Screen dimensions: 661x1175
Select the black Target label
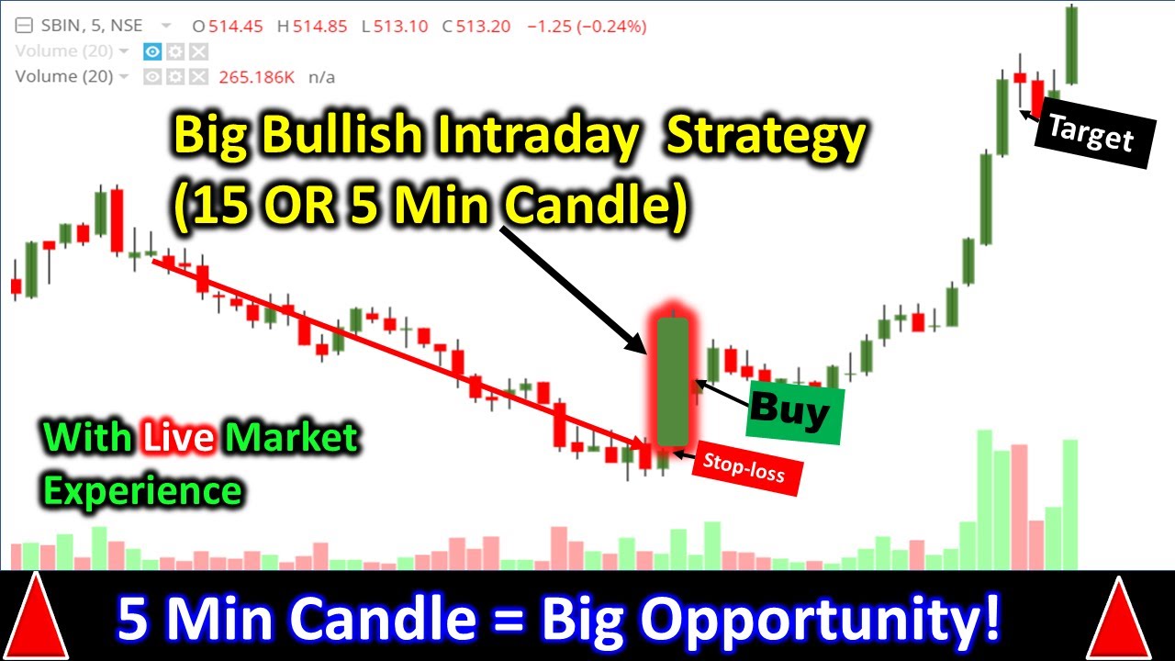tap(1091, 135)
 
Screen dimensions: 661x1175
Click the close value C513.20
tap(476, 27)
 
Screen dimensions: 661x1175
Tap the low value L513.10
tap(395, 27)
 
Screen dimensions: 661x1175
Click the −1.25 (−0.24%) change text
tap(587, 27)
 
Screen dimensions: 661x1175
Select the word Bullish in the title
tap(352, 138)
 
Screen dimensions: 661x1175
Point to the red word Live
tap(179, 439)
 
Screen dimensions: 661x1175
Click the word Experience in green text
tap(142, 491)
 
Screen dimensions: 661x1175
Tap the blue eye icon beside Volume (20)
tap(152, 51)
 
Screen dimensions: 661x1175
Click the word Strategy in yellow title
tap(765, 138)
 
